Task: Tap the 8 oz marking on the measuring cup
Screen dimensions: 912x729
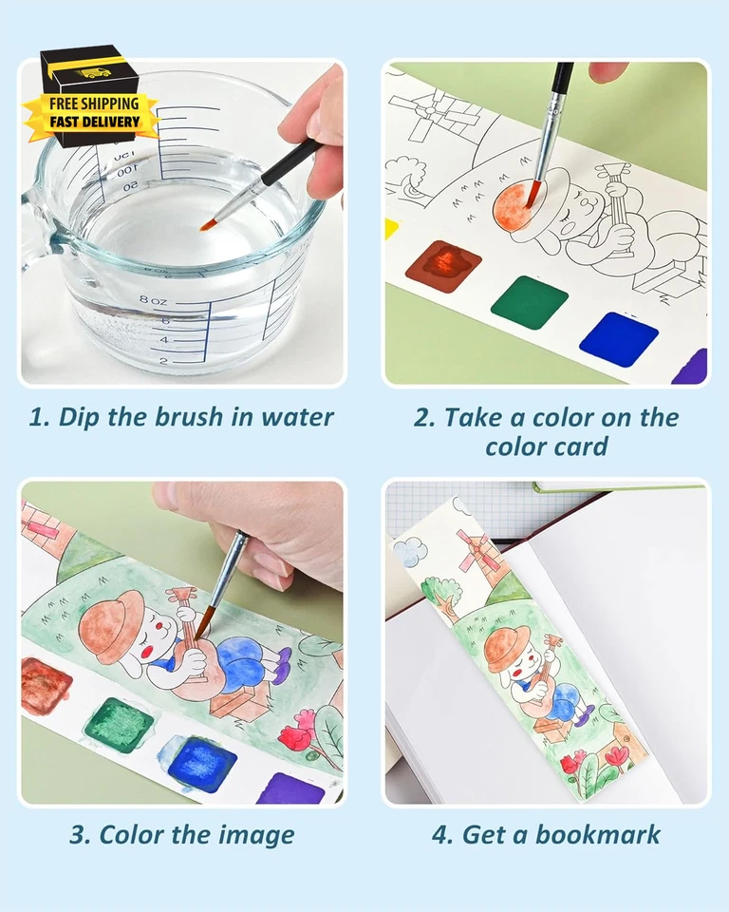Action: [153, 301]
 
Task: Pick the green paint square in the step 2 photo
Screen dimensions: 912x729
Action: [529, 302]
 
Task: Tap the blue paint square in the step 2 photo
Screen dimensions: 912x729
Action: [619, 338]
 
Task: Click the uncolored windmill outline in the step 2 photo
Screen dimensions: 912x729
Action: [439, 114]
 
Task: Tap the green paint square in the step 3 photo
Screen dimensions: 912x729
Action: [119, 724]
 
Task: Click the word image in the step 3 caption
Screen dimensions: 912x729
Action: [251, 835]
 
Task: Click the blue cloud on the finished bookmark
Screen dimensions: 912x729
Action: [409, 550]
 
